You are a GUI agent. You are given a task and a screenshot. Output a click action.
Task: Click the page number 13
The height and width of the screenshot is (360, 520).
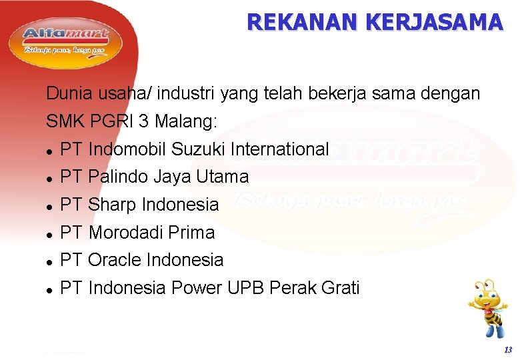pyautogui.click(x=508, y=350)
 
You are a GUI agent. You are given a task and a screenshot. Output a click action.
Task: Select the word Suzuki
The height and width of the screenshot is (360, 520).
pyautogui.click(x=199, y=149)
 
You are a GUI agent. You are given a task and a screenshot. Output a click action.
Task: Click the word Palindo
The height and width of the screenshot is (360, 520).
pyautogui.click(x=118, y=177)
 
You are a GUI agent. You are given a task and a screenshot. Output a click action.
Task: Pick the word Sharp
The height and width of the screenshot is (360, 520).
pyautogui.click(x=113, y=205)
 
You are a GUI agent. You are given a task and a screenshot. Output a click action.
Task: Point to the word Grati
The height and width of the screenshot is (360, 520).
pyautogui.click(x=340, y=288)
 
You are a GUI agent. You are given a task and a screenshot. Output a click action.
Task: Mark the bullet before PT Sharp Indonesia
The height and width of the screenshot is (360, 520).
pyautogui.click(x=50, y=206)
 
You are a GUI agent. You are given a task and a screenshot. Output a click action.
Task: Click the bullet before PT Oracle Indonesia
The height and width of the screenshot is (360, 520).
pyautogui.click(x=50, y=261)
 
